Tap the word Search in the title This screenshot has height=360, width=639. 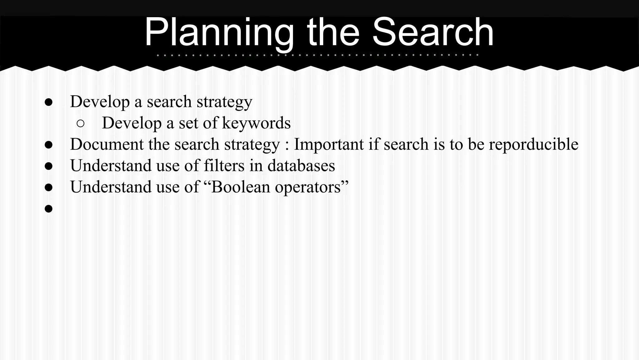click(433, 32)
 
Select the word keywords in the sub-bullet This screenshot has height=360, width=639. click(256, 123)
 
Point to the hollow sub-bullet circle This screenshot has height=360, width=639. click(80, 124)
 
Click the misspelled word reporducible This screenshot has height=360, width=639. click(533, 144)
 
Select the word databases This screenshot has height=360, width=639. click(301, 166)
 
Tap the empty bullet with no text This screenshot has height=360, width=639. click(48, 208)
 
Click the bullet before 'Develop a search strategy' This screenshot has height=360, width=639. click(48, 102)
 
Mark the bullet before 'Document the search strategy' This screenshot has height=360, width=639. click(48, 145)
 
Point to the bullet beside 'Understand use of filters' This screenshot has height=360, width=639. click(48, 166)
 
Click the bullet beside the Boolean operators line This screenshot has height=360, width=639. click(48, 187)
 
